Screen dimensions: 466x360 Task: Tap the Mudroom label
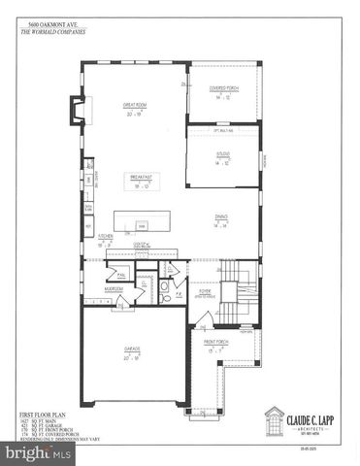(x=114, y=288)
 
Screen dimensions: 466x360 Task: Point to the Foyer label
(x=205, y=289)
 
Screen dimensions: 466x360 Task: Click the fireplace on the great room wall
(x=71, y=116)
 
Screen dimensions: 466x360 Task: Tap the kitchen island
(x=141, y=219)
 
